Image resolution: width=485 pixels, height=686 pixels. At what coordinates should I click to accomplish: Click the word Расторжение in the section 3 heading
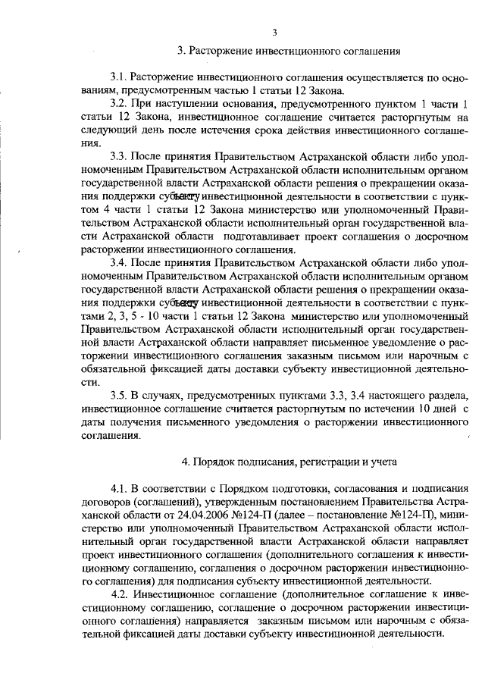tap(220, 52)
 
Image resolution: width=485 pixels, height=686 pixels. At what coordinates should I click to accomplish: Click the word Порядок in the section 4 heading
tap(208, 462)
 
